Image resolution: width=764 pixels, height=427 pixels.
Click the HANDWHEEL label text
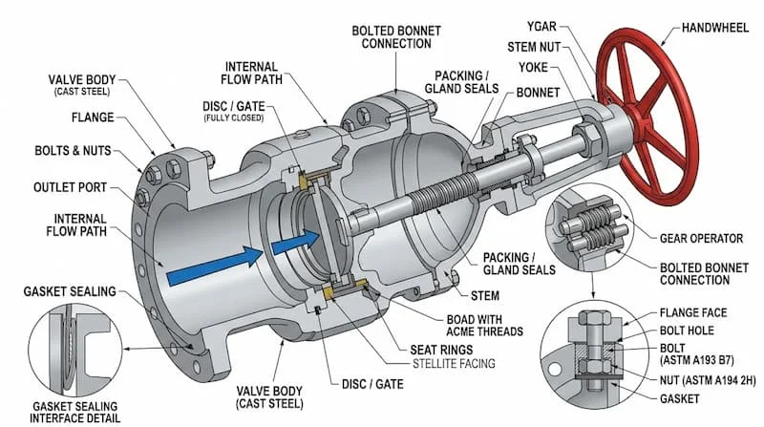(x=714, y=28)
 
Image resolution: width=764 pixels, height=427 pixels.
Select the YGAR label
(x=541, y=27)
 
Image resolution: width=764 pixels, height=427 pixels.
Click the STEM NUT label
(x=534, y=47)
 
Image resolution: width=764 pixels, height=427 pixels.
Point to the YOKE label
(x=533, y=67)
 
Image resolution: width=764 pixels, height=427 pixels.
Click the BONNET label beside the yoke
(x=538, y=92)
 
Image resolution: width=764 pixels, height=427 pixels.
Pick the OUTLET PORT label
(x=70, y=187)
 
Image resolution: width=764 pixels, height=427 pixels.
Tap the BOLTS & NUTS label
(x=74, y=151)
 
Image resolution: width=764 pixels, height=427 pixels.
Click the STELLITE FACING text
(x=454, y=364)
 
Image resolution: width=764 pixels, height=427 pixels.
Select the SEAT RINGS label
(x=441, y=350)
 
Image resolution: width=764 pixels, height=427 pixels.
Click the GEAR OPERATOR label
(x=701, y=239)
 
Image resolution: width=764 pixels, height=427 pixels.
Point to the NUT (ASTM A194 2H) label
(x=708, y=380)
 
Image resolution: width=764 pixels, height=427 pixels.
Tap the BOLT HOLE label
(x=687, y=331)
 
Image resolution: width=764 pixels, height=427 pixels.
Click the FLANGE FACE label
(x=693, y=312)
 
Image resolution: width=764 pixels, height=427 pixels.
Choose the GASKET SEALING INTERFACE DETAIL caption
(x=74, y=413)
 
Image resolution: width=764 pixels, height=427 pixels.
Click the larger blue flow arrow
(x=215, y=266)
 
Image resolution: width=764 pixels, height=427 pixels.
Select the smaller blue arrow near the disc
(x=295, y=242)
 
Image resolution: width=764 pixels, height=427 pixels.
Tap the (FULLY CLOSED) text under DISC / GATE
(x=234, y=117)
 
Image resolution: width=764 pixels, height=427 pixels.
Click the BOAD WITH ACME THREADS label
(x=484, y=326)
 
